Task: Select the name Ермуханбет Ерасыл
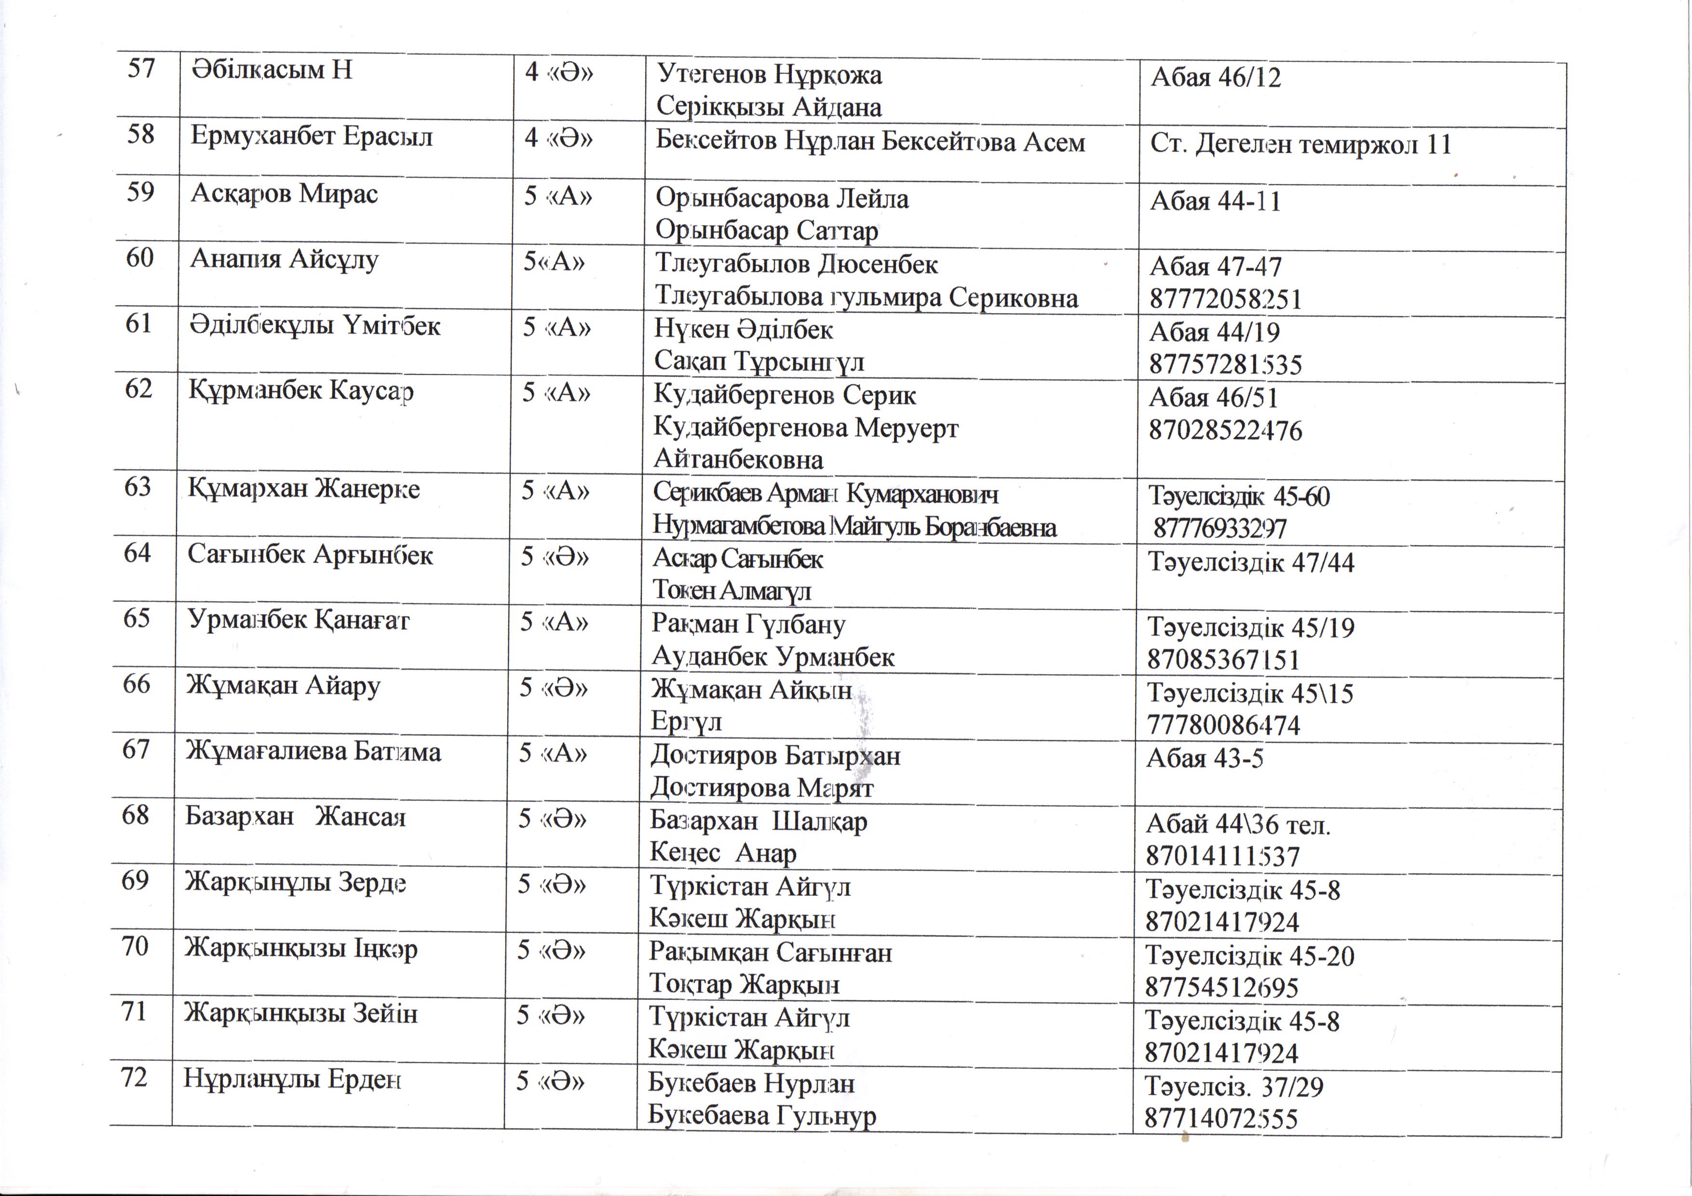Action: [x=311, y=136]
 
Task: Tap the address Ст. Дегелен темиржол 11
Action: [x=1300, y=145]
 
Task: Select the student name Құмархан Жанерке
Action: [x=304, y=488]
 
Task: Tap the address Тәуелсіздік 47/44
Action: [x=1251, y=563]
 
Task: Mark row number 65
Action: [x=136, y=618]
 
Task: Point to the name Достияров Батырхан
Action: [x=775, y=756]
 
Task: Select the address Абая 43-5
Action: [x=1204, y=758]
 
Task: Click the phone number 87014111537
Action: [x=1222, y=856]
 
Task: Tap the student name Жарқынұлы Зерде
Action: [x=295, y=882]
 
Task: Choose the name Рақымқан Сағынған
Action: [x=770, y=953]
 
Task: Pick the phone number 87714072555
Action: [x=1220, y=1118]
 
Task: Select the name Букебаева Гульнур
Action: [x=762, y=1115]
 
